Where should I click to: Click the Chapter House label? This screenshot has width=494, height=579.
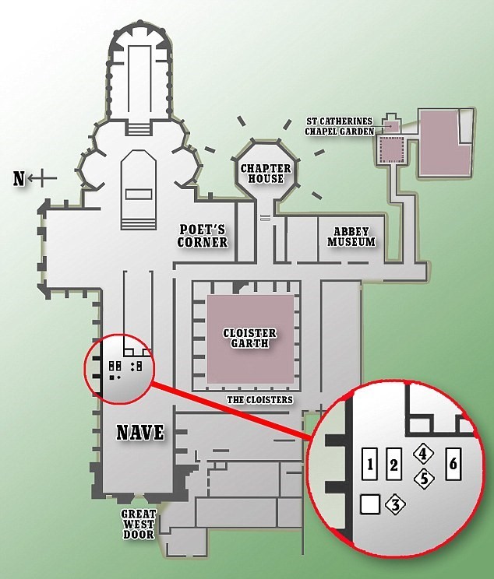tap(266, 174)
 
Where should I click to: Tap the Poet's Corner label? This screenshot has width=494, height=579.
tap(203, 236)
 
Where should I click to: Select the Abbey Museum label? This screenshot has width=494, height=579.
tap(351, 237)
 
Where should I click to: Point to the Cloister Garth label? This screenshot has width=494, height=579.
tap(250, 339)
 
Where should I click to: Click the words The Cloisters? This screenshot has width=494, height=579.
tap(259, 399)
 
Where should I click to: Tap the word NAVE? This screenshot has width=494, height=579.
tap(140, 432)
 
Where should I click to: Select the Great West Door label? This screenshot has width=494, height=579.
tap(139, 524)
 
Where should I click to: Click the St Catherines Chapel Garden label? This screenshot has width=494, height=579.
tap(339, 126)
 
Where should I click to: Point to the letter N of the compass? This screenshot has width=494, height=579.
tap(19, 179)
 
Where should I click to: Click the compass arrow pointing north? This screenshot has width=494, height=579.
tap(42, 178)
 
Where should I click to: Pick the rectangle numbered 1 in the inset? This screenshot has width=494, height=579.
tap(370, 464)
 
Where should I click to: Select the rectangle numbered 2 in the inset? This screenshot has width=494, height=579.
tap(393, 464)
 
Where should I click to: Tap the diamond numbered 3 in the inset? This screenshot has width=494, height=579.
tap(395, 504)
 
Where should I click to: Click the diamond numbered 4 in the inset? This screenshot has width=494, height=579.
tap(423, 454)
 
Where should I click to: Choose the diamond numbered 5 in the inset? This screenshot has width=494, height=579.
tap(424, 479)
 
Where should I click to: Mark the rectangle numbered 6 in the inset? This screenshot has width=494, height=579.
tap(453, 464)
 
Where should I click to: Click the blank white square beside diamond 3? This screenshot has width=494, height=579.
tap(370, 504)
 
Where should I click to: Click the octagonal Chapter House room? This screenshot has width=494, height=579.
tap(266, 171)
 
